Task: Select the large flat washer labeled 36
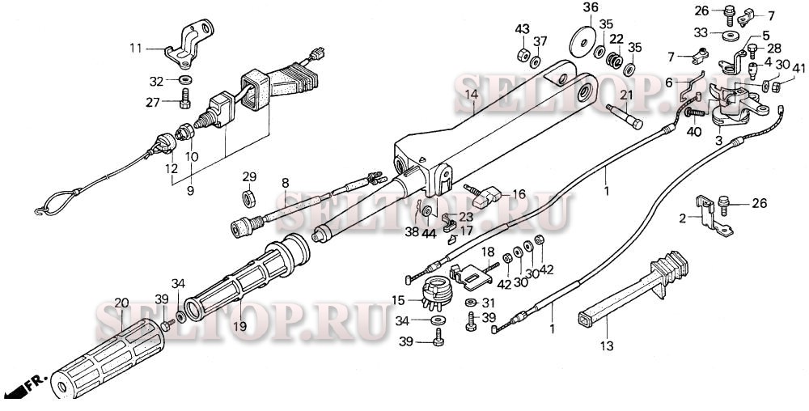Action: pos(579,40)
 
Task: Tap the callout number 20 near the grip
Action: pos(121,303)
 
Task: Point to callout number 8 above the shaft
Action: pos(285,184)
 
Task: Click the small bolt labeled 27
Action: pos(185,102)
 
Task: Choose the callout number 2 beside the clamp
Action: pos(682,218)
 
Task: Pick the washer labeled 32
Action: pos(185,80)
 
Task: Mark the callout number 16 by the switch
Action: pos(519,194)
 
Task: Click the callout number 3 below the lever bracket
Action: pos(718,140)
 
